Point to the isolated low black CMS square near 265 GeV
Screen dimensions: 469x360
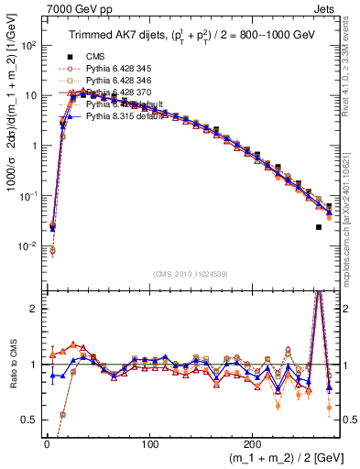click(319, 227)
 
